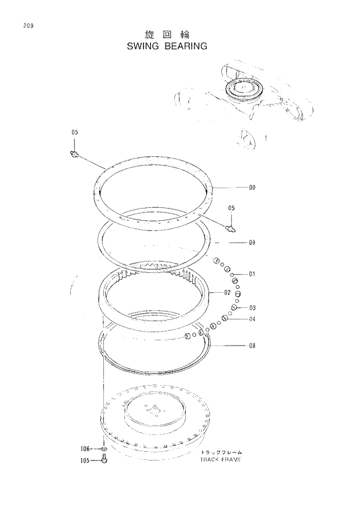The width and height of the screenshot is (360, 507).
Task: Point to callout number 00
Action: tap(252, 188)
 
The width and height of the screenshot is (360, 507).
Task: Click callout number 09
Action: tap(252, 242)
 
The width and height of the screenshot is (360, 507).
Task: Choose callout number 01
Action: tap(252, 274)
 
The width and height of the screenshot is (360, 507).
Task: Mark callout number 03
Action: tap(252, 307)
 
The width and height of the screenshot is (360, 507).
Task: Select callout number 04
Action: tap(252, 319)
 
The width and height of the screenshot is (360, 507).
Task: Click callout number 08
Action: tap(252, 346)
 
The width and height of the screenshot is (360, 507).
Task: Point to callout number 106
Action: tap(85, 448)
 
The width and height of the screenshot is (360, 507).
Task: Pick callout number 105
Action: tap(85, 461)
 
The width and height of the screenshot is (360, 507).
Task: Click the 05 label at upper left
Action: tap(74, 133)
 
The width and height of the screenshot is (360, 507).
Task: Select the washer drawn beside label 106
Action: tap(103, 449)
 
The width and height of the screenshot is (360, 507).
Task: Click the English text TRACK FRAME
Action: tap(220, 459)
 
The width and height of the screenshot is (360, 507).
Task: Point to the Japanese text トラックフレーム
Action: tap(221, 452)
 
